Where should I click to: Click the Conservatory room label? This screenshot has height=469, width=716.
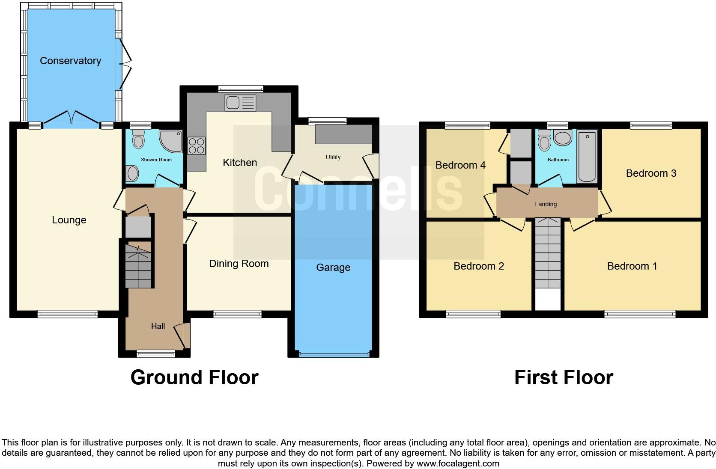point(70,61)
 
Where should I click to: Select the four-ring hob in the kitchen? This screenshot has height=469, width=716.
point(197,145)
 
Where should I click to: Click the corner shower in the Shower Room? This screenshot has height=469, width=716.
point(172,142)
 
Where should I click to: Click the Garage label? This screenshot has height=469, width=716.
point(333,267)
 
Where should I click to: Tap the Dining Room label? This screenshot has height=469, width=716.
point(239,264)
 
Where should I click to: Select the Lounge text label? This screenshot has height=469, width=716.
point(69,220)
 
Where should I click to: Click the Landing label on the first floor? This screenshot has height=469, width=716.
point(546,204)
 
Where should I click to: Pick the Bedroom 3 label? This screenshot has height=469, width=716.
point(651,173)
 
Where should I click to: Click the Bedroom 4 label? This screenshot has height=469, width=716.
point(460,165)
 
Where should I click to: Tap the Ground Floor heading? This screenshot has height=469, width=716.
point(194,377)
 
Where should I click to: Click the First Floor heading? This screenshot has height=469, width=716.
point(564,377)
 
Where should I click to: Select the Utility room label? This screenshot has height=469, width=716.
point(333,157)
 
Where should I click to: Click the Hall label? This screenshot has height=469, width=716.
point(158,327)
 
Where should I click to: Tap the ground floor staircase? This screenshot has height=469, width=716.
point(138,265)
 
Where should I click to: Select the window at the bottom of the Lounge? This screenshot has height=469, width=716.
point(68,315)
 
